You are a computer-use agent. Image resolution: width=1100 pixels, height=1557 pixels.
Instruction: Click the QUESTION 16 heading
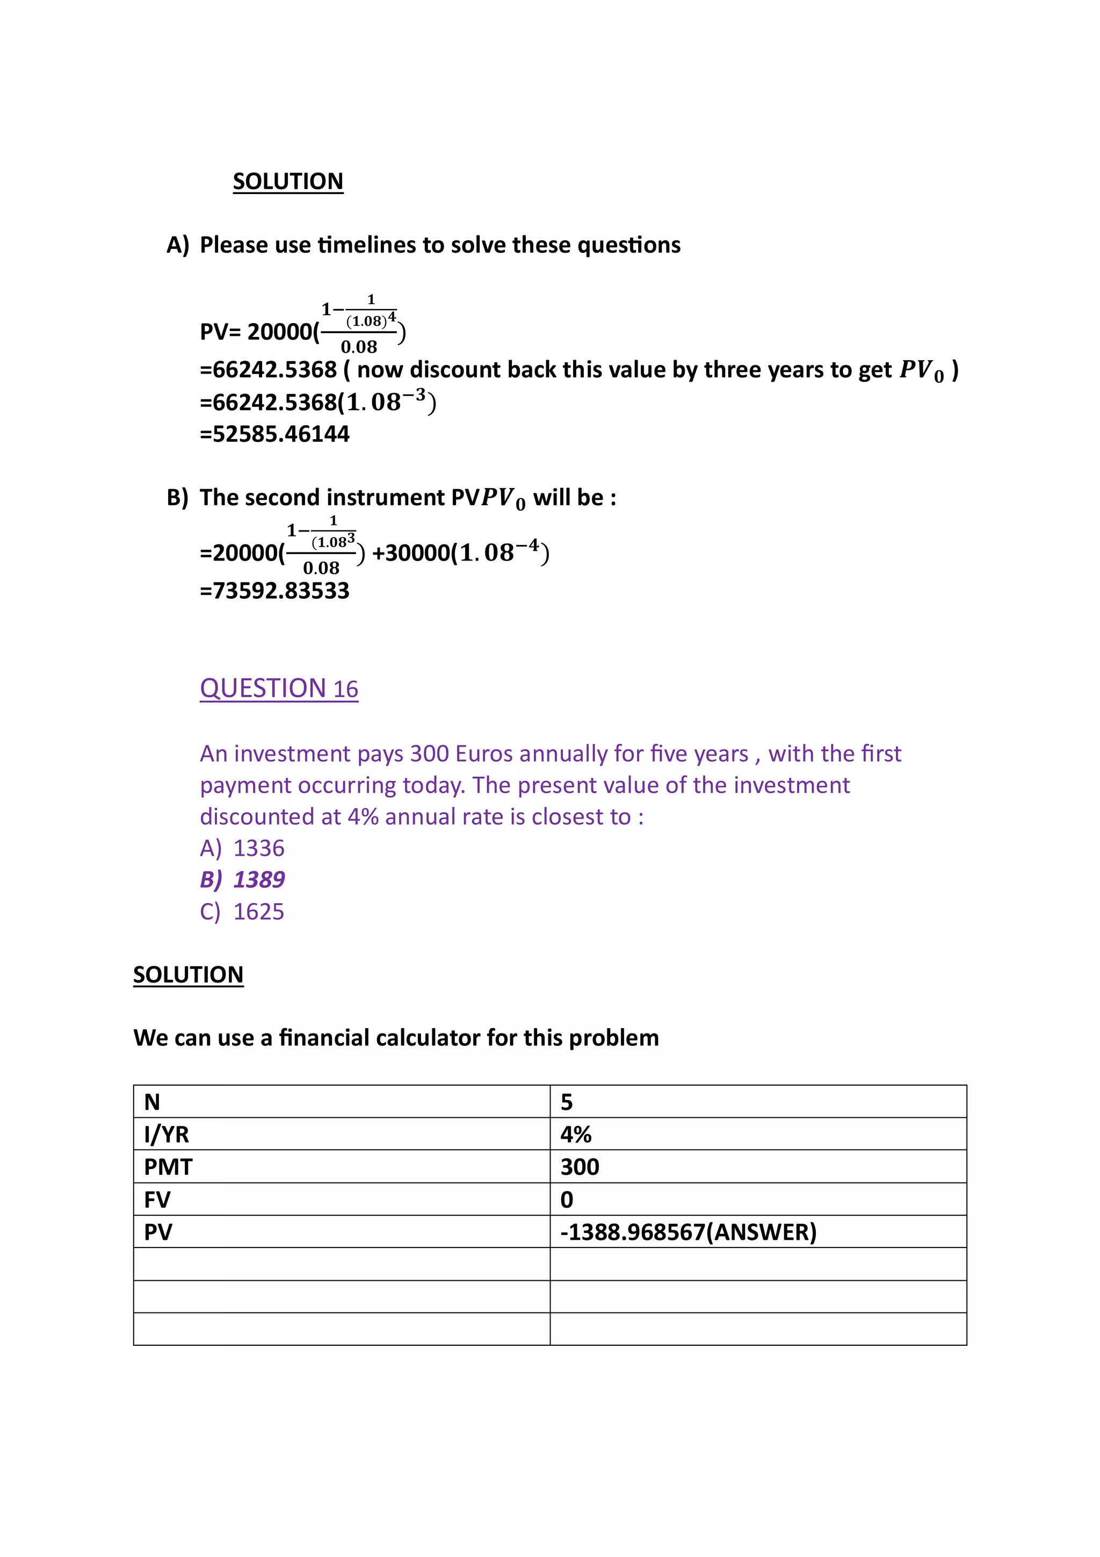click(x=279, y=688)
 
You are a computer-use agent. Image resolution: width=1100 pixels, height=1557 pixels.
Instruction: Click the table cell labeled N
click(x=153, y=1102)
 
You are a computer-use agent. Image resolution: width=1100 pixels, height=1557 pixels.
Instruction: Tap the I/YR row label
click(x=167, y=1134)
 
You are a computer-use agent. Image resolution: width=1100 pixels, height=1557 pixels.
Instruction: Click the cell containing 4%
click(x=576, y=1134)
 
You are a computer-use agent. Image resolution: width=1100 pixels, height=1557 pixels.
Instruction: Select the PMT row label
click(x=168, y=1166)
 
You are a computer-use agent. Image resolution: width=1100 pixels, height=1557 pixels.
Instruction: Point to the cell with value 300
click(x=580, y=1166)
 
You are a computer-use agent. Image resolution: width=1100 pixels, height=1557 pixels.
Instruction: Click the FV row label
click(x=157, y=1200)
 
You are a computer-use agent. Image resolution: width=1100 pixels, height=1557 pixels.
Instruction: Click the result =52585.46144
click(x=274, y=434)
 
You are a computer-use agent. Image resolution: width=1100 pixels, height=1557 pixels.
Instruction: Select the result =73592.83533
click(x=274, y=591)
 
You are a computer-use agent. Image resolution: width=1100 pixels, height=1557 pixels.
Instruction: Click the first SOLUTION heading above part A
click(x=288, y=181)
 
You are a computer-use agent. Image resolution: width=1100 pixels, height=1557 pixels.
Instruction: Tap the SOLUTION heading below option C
click(x=188, y=974)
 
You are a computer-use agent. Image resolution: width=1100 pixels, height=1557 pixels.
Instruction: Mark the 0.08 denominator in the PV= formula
click(x=359, y=347)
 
